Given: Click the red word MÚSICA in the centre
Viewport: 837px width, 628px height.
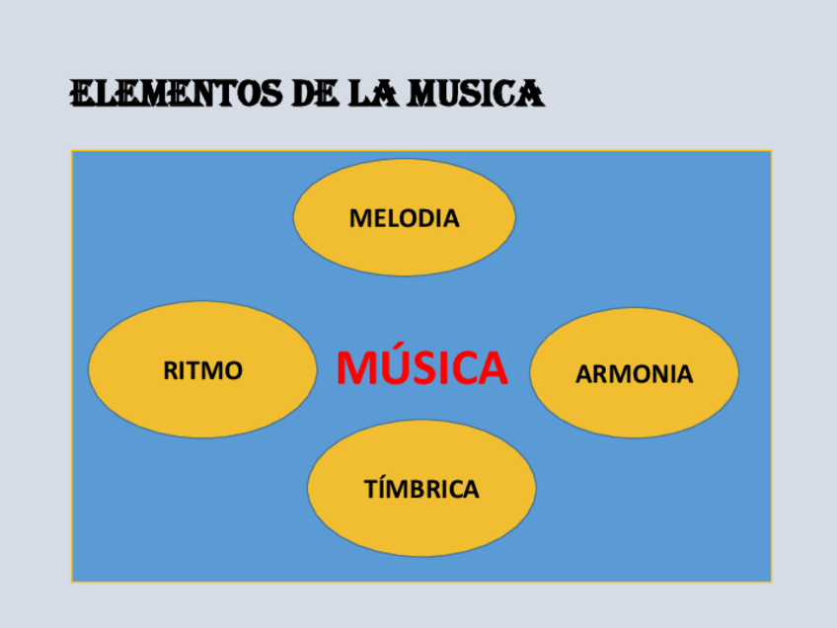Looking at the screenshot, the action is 421,368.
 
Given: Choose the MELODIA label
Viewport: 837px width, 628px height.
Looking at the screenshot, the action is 405,218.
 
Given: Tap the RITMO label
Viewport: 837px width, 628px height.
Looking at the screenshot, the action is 202,371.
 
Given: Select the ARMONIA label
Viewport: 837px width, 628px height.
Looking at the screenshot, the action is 634,374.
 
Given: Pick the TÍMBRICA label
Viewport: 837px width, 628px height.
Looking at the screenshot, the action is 421,489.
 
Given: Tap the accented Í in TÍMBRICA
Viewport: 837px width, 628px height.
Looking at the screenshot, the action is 382,488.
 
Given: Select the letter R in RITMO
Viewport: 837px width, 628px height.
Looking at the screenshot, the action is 170,371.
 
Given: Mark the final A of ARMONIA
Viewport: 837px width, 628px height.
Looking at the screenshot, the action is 684,374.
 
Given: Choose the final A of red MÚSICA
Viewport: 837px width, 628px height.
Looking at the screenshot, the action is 491,368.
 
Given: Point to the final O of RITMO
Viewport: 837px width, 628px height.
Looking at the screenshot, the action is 232,371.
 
